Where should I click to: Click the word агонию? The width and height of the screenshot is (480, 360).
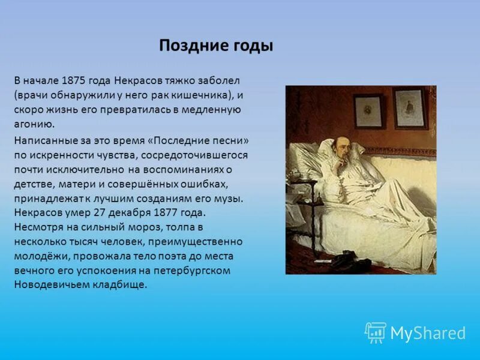tap(34, 124)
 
